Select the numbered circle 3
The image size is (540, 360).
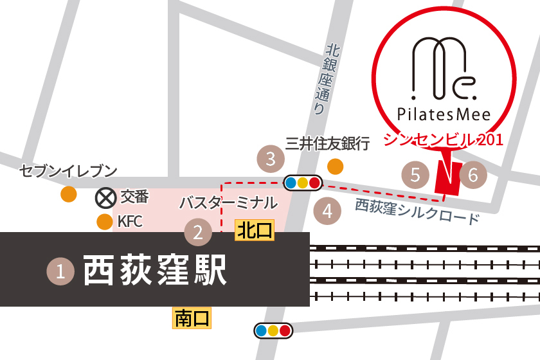pyautogui.click(x=271, y=158)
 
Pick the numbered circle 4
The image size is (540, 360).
pyautogui.click(x=327, y=210)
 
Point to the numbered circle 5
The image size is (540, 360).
pyautogui.click(x=415, y=174)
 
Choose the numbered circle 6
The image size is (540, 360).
pyautogui.click(x=473, y=174)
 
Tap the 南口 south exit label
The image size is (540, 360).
pyautogui.click(x=192, y=317)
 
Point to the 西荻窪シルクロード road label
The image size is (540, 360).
pyautogui.click(x=417, y=212)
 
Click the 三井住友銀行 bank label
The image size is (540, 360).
pyautogui.click(x=328, y=143)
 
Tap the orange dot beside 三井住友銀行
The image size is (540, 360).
pyautogui.click(x=336, y=167)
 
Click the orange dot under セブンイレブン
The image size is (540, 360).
pyautogui.click(x=68, y=194)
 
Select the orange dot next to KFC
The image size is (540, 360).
pyautogui.click(x=104, y=222)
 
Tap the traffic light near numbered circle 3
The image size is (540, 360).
pyautogui.click(x=302, y=183)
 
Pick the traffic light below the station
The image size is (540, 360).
pyautogui.click(x=273, y=330)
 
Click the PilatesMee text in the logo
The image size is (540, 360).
pyautogui.click(x=444, y=114)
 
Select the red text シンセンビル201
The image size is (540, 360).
pyautogui.click(x=443, y=139)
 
